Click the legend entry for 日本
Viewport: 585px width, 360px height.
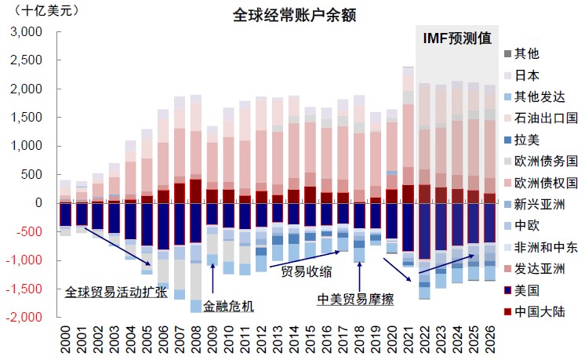[x=526, y=76]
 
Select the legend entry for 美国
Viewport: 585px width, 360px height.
[x=526, y=290]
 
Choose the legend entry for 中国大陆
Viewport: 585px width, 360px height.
[x=538, y=311]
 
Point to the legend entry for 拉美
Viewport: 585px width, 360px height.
[x=526, y=140]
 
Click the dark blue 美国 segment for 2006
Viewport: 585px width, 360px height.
[x=163, y=227]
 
